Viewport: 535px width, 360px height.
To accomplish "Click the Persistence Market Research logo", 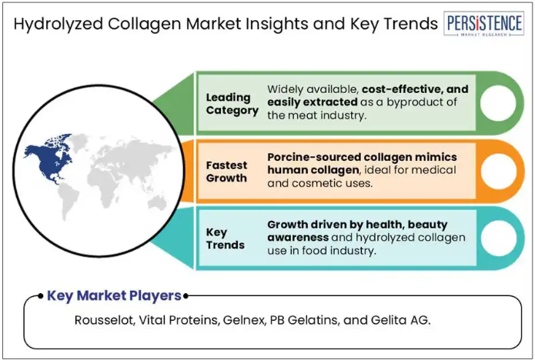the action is coord(483,24).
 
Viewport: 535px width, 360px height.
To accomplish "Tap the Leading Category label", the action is coord(232,104).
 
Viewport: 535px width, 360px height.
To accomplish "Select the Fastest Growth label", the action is coord(226,172).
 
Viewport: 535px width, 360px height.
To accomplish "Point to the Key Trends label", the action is coord(226,238).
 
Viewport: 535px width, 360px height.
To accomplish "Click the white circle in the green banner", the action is coord(498,103).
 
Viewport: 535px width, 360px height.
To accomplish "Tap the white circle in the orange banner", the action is coord(499,171).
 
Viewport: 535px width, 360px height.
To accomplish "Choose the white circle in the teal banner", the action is coord(499,238).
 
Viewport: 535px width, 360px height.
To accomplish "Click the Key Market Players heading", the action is coord(114,295).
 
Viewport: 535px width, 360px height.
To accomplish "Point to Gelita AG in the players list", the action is coord(400,320).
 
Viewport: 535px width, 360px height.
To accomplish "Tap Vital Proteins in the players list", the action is coord(179,320).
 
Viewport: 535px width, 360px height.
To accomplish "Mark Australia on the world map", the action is coord(157,203).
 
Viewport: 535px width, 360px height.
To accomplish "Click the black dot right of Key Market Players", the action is coord(186,296).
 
